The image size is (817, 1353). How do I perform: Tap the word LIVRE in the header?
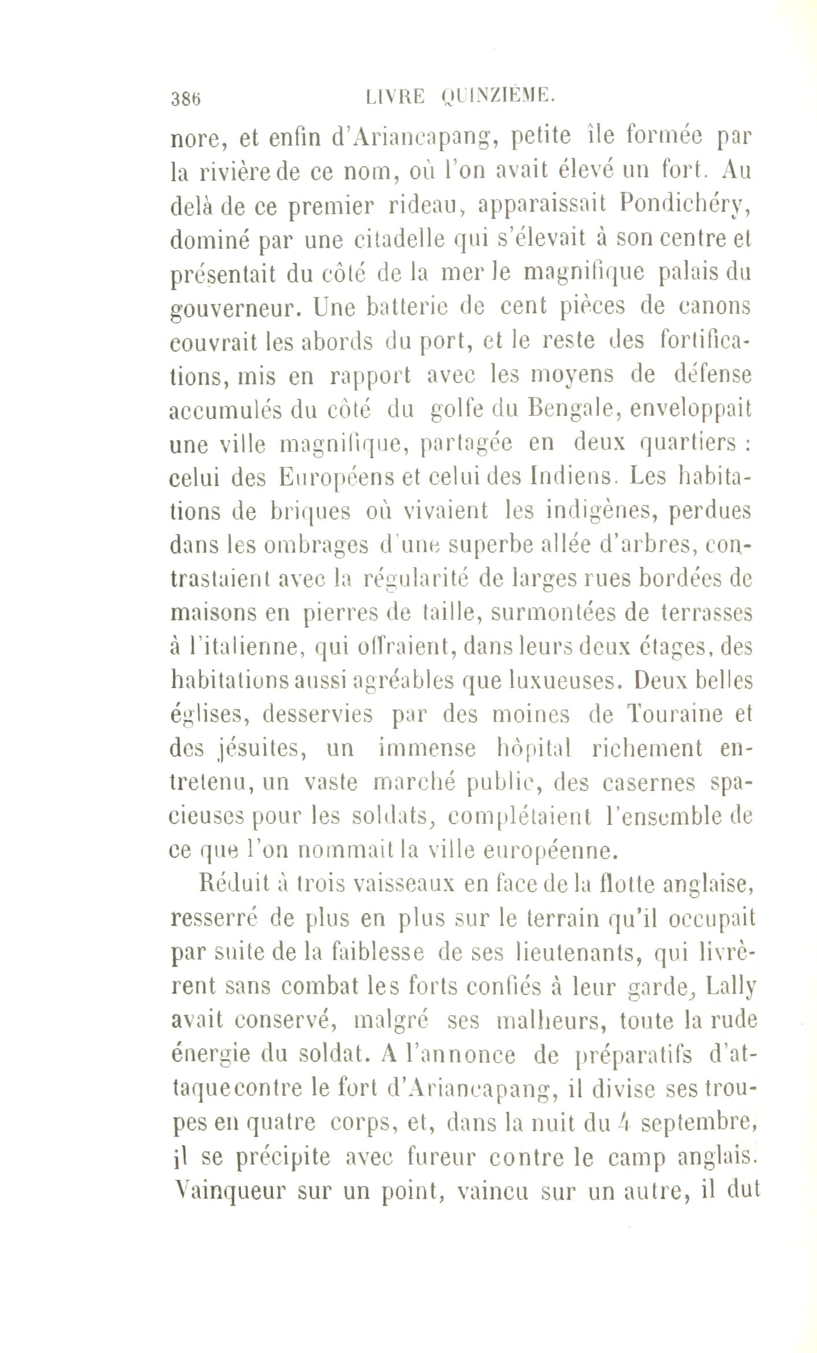[396, 96]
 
